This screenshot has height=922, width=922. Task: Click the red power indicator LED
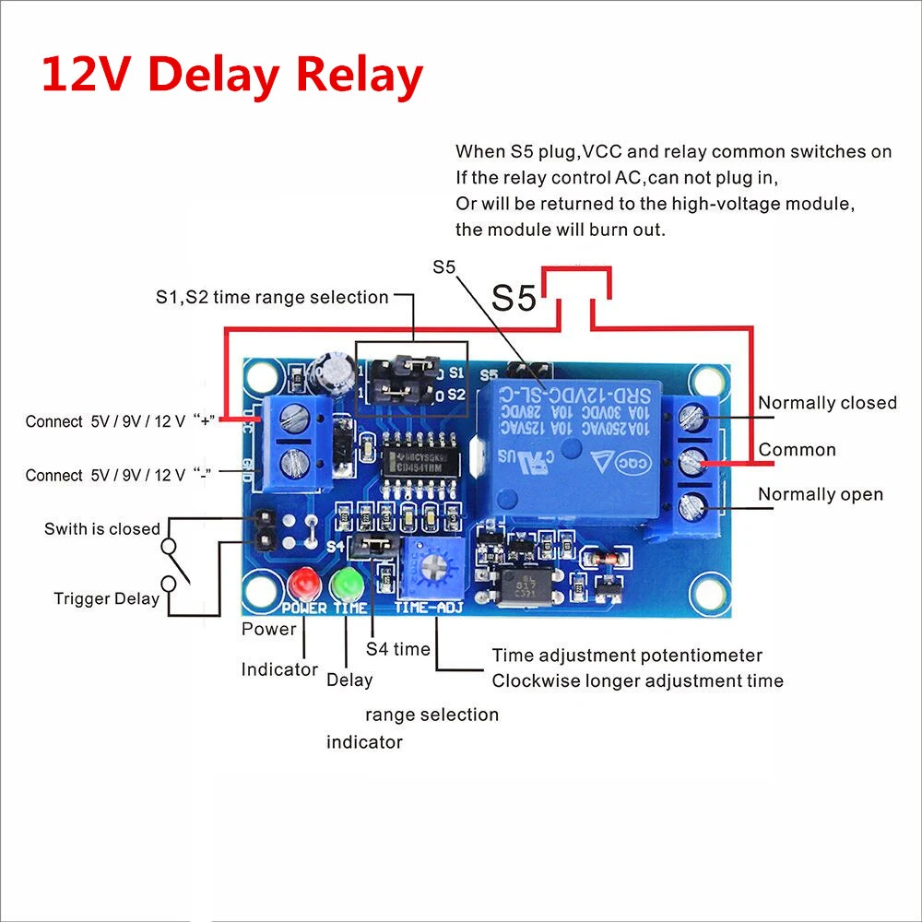301,584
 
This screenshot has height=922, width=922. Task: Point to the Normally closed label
827,403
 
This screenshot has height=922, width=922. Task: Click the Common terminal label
797,450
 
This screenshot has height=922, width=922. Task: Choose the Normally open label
821,495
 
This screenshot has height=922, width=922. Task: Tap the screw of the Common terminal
692,461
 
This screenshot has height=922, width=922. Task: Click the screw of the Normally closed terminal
692,418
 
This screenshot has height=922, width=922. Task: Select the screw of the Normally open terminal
692,504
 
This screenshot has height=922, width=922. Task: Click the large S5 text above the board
514,298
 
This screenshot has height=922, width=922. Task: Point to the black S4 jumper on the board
374,545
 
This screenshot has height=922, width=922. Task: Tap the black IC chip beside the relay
415,456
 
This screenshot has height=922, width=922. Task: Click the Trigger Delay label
106,599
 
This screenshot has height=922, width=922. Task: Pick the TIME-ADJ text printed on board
428,609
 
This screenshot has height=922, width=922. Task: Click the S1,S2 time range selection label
272,297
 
